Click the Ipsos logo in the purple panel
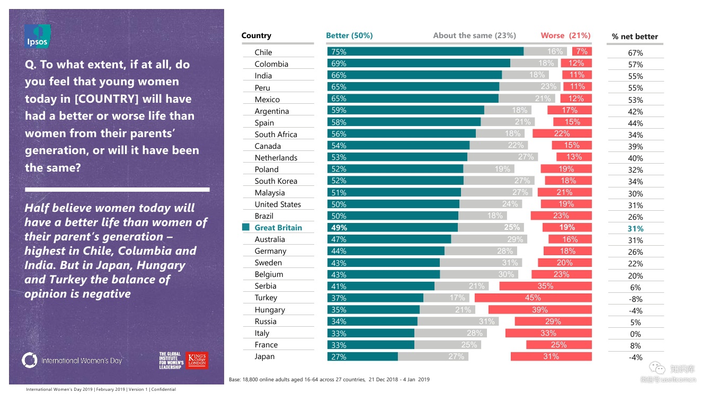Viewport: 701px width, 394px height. tap(38, 37)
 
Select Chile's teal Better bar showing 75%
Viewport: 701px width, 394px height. tap(425, 51)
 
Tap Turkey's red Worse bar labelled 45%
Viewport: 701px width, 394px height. tap(533, 298)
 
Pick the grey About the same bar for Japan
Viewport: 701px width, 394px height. tap(454, 356)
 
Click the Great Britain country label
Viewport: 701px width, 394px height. tap(278, 228)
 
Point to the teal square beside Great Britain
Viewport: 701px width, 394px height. tap(246, 227)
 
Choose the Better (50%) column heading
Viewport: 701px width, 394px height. tap(349, 35)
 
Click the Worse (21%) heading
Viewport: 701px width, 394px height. tap(565, 35)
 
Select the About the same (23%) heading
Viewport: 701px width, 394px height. tap(474, 35)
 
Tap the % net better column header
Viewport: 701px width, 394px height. tap(635, 37)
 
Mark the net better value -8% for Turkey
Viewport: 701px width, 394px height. tap(635, 299)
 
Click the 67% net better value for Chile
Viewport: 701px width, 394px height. tap(635, 53)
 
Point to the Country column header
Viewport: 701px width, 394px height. tap(256, 35)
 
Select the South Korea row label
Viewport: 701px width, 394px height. tap(276, 181)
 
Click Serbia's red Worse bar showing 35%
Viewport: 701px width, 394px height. tap(545, 286)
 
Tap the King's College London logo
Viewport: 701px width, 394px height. tap(197, 360)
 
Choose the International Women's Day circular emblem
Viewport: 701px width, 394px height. tap(30, 360)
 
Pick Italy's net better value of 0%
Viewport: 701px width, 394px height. tap(635, 334)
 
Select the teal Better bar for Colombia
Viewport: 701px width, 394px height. tap(419, 63)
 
